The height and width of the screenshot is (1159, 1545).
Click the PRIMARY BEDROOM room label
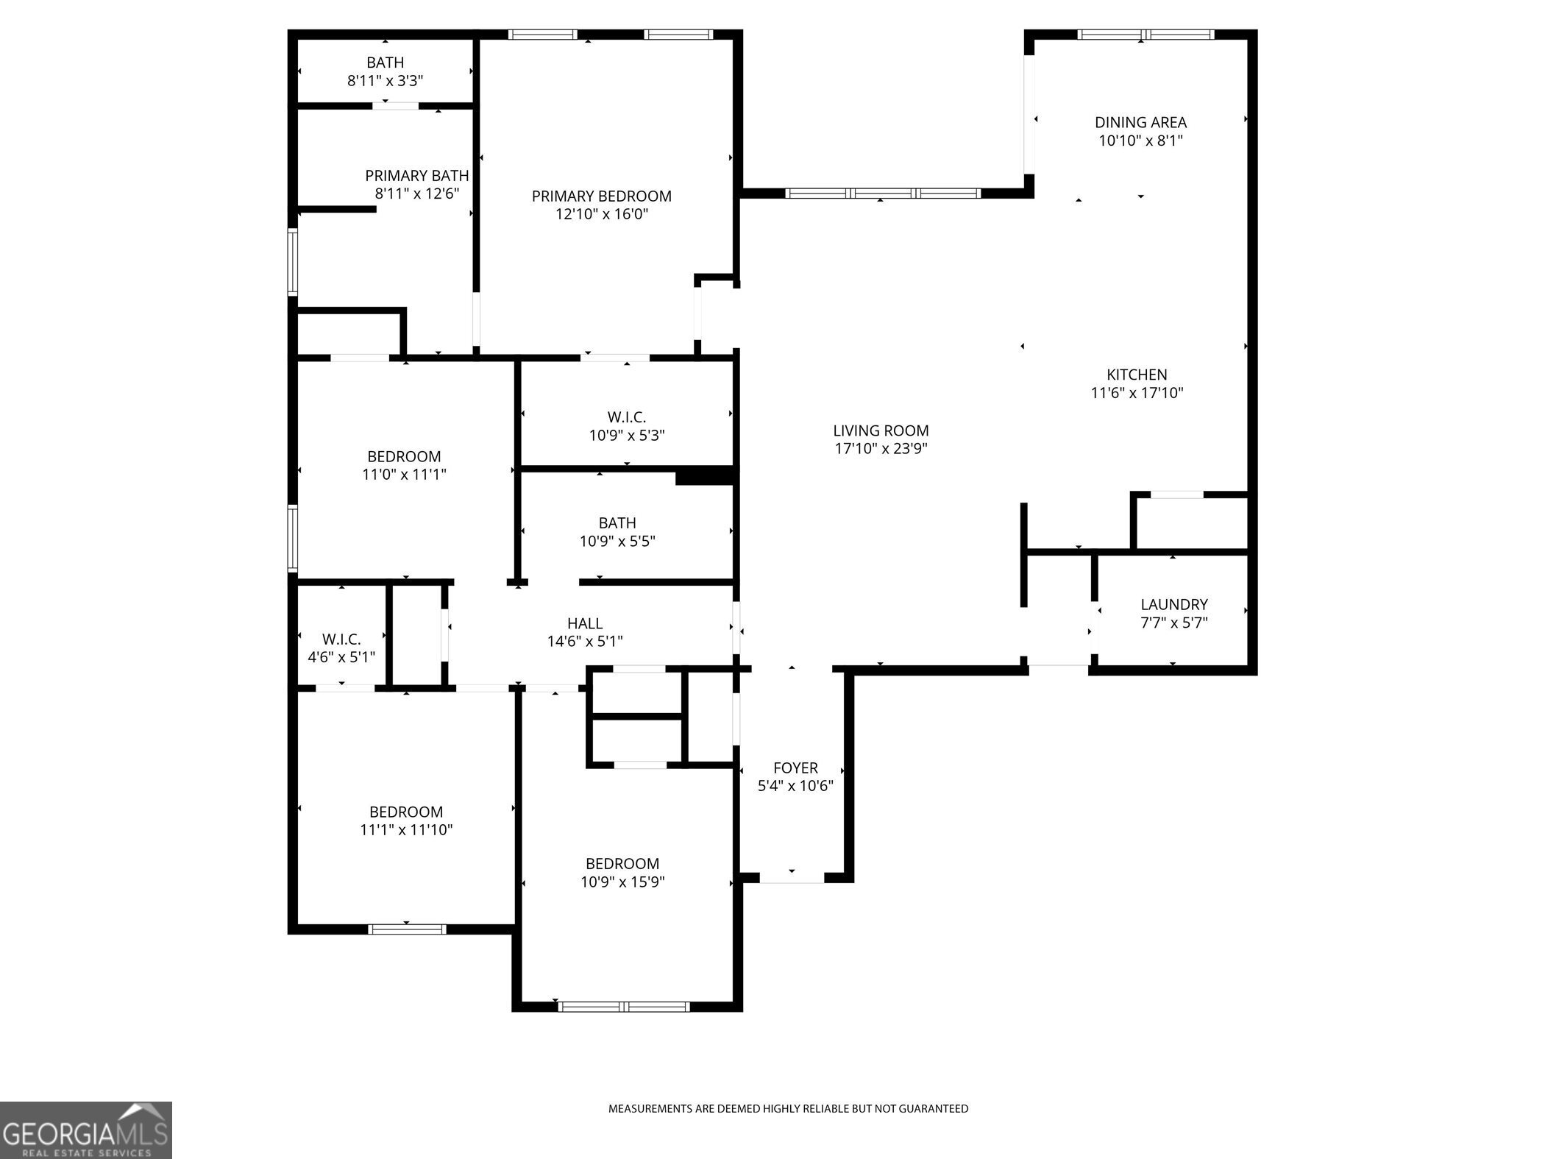tap(601, 196)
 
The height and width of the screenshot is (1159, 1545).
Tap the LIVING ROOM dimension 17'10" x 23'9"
tap(881, 448)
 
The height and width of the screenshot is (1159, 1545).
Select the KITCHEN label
tap(1137, 375)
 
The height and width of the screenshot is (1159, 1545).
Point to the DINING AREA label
tap(1140, 123)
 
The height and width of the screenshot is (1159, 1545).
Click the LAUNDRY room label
tap(1173, 604)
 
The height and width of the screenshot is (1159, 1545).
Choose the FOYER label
tap(795, 768)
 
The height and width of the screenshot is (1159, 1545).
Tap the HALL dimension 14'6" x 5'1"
tap(585, 641)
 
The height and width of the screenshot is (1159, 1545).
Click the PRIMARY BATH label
tap(416, 176)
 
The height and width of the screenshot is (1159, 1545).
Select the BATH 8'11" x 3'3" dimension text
tap(385, 80)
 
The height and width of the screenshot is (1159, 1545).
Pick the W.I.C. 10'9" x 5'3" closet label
tap(627, 417)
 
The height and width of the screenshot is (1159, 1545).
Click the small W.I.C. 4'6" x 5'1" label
tap(341, 639)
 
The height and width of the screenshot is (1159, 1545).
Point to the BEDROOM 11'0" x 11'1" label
tap(404, 456)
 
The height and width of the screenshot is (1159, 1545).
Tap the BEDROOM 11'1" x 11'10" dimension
tap(406, 829)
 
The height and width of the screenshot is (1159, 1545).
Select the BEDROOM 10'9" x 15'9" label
tap(622, 863)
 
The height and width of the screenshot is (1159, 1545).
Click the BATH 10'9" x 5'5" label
tap(617, 523)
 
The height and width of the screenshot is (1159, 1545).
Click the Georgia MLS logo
tap(85, 1130)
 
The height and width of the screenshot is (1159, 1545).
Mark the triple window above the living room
tap(882, 194)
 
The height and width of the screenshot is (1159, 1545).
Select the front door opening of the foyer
tap(792, 878)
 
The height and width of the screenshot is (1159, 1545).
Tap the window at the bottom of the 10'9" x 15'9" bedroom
tap(624, 1006)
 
